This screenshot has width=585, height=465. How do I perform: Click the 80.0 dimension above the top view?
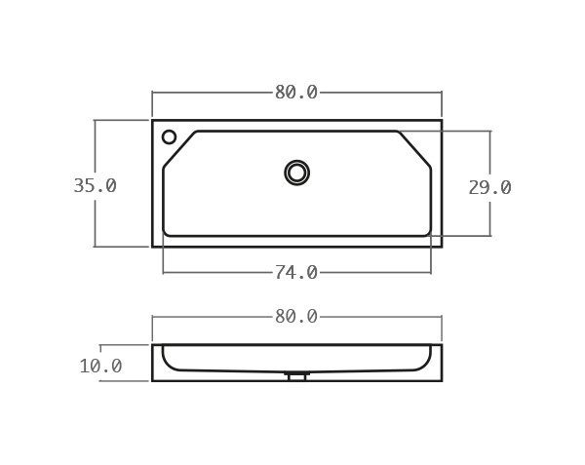pos(296,93)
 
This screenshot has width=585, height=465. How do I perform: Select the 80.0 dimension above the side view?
pos(296,317)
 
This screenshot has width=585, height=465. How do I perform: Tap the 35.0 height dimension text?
pos(95,185)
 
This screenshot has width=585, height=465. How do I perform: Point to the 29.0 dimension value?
pos(489,187)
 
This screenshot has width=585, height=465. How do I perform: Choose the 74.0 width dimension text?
pos(296,272)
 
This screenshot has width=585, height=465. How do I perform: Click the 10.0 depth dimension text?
pos(100,367)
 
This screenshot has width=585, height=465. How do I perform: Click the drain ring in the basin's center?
pos(297,173)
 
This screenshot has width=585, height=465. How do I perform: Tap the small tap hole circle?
pos(170,136)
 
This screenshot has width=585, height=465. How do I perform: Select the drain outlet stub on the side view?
pos(297,375)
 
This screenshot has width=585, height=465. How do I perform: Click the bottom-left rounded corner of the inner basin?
pos(166,232)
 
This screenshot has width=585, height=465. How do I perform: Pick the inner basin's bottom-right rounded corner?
pos(428,232)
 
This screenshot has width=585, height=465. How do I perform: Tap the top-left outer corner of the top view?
pos(153,121)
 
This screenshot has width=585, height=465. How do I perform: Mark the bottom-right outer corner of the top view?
pos(441,246)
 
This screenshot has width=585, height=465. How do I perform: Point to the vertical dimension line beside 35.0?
pos(95,146)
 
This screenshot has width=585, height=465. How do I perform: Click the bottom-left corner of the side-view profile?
pos(153,380)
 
